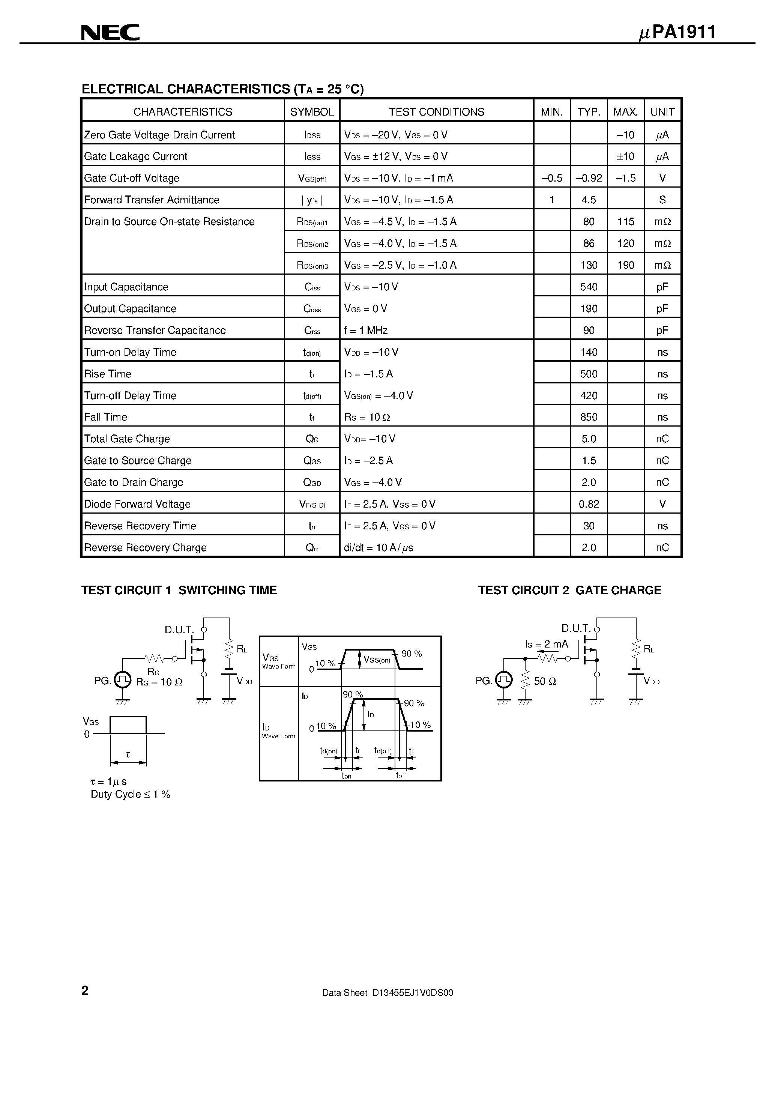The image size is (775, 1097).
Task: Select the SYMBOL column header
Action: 312,112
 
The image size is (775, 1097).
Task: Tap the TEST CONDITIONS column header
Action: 436,112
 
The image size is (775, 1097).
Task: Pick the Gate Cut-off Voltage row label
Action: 132,178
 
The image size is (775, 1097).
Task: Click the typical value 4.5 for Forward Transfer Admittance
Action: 589,200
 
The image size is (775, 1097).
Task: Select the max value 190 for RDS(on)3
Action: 625,265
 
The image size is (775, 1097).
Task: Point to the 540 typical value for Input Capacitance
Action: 589,287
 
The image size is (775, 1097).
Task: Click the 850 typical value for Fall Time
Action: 589,417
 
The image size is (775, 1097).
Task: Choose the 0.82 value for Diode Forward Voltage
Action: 589,504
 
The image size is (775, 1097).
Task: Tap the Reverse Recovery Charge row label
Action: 145,547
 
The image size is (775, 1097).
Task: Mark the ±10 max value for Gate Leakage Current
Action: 625,156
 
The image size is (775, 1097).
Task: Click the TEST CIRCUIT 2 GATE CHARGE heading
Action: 569,590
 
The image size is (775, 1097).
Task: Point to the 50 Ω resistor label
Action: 545,681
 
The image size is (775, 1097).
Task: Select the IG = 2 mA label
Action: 547,644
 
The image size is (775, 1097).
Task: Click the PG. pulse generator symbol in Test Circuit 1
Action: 123,680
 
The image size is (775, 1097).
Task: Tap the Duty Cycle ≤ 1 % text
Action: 131,794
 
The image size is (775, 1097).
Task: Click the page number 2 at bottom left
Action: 85,990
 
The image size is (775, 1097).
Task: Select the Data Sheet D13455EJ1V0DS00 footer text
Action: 387,992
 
